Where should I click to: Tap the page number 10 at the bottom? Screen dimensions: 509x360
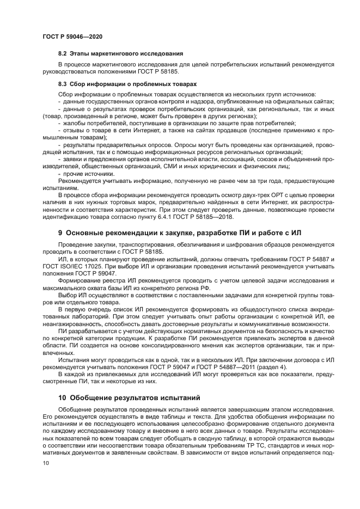pos(46,463)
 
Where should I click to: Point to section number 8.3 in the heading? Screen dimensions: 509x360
pos(63,84)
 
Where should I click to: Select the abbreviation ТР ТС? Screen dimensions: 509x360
pos(242,446)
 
